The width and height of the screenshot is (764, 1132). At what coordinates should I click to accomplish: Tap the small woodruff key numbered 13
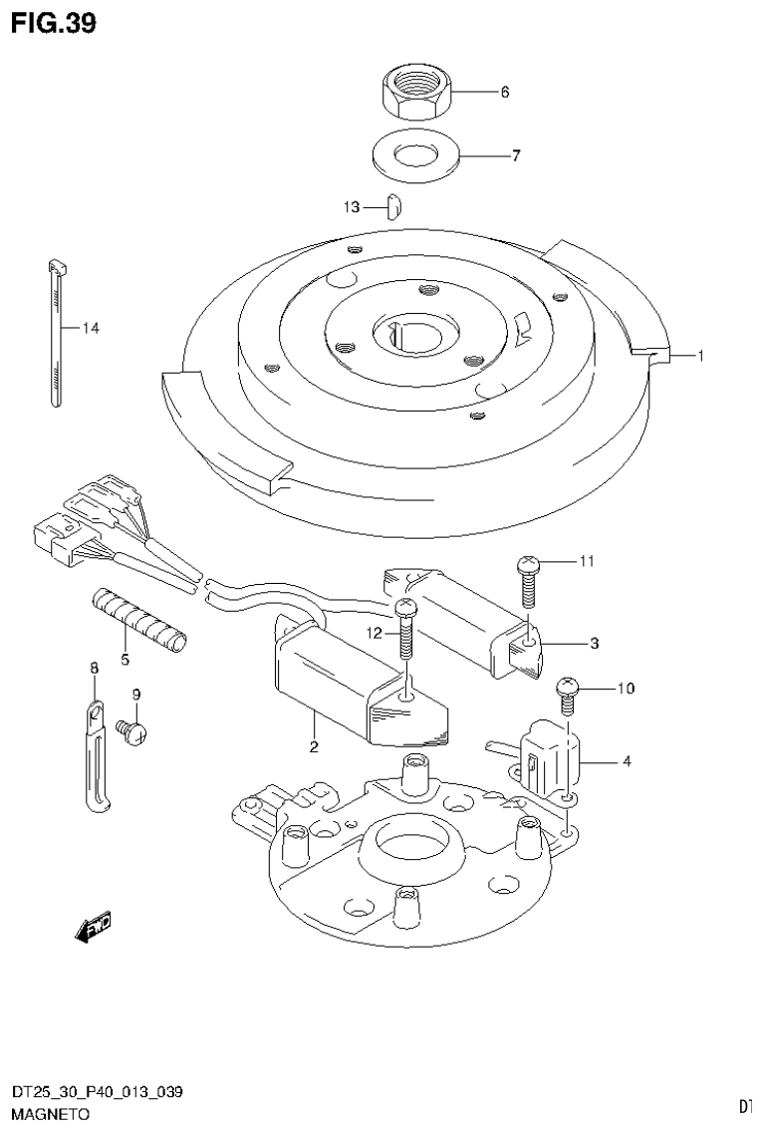(x=393, y=206)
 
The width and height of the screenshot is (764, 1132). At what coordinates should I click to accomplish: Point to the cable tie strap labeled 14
(x=54, y=334)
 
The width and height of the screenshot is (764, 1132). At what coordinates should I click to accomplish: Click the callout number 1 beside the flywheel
(x=701, y=355)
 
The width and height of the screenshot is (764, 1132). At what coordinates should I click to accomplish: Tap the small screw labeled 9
(x=133, y=732)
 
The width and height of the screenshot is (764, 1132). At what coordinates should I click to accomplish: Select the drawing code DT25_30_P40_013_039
(x=97, y=1093)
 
